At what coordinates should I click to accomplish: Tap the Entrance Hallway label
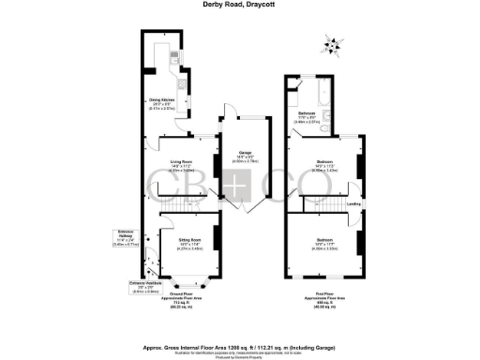click(x=125, y=236)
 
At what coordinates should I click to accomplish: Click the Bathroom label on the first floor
click(x=307, y=116)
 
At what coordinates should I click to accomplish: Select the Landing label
click(x=353, y=203)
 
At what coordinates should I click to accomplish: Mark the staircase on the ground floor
click(x=182, y=202)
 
